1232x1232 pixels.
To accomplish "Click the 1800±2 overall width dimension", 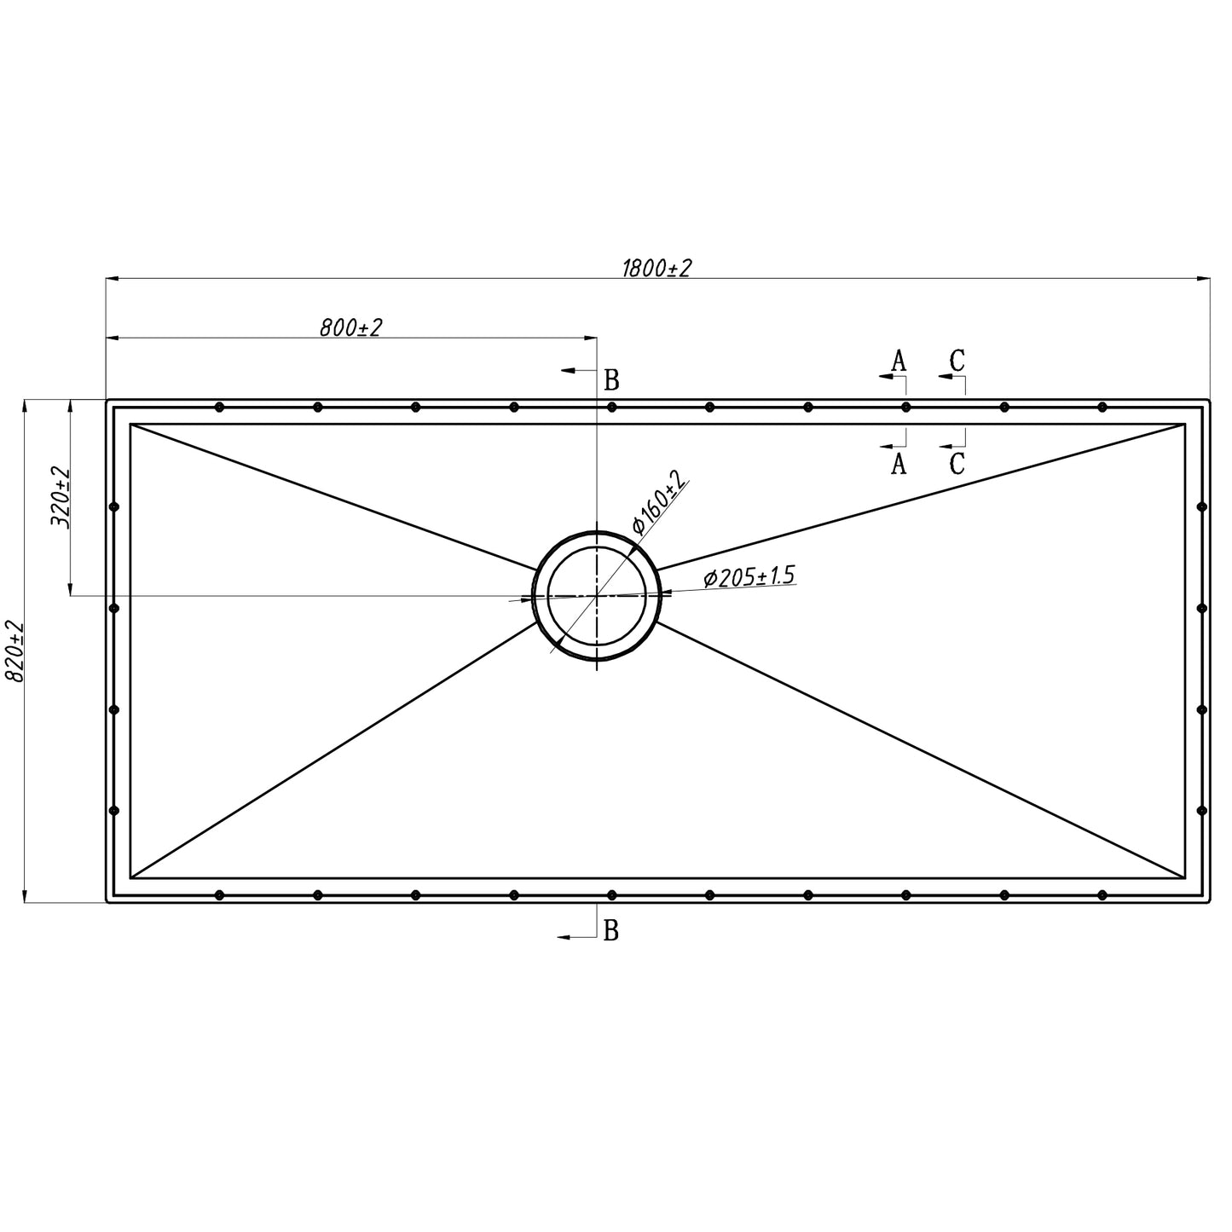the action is coord(656,269).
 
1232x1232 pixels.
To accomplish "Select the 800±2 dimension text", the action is coord(350,327).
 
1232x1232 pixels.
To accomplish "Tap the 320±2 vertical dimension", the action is coord(60,497).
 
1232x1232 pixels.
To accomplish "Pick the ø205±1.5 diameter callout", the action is coord(749,576).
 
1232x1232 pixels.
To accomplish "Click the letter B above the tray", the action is coord(611,380).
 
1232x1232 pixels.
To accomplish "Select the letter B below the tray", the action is coord(610,932).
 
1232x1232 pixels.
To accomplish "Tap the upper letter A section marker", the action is coord(899,362).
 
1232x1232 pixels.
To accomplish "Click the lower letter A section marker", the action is coord(899,464).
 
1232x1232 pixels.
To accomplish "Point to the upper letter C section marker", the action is coord(957,361).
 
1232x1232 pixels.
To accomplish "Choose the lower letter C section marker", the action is coord(957,464).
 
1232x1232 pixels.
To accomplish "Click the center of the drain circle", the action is coord(597,595).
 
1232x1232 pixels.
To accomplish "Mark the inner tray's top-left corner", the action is coord(130,424).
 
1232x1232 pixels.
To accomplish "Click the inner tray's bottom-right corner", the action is coord(1185,878).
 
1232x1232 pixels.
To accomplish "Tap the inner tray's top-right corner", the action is coord(1185,424).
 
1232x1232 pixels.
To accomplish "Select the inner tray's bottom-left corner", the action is coord(130,878).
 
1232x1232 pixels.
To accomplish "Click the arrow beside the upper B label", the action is coord(579,370).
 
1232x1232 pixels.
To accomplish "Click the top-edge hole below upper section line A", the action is coord(905,407).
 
